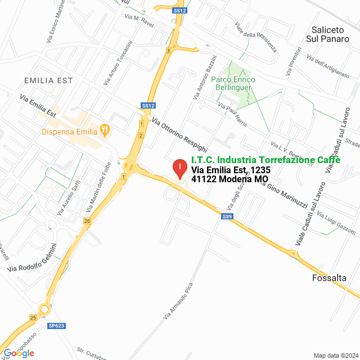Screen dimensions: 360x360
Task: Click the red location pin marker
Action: point(179,168)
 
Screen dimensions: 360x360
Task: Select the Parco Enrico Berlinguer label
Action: point(233,84)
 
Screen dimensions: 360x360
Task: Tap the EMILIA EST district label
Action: point(48,80)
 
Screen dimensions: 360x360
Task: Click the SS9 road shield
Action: point(227,217)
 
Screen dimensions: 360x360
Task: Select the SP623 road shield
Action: point(56,326)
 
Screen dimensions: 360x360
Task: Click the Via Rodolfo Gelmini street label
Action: point(33,258)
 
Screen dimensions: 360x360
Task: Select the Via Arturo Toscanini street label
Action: point(118,64)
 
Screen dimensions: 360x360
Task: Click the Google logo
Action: point(18,353)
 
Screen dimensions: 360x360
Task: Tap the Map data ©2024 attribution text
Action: point(335,355)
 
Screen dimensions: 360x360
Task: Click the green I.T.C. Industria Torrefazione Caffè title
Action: point(265,160)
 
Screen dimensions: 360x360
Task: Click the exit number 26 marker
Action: point(87,221)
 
